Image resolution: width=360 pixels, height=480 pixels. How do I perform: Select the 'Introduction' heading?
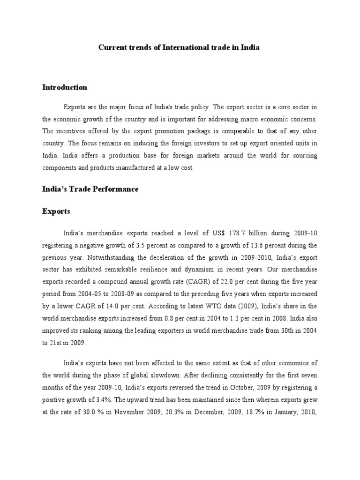point(65,87)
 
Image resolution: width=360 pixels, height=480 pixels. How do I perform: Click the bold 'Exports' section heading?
point(56,211)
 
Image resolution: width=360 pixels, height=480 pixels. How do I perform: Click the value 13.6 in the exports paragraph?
point(255,245)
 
